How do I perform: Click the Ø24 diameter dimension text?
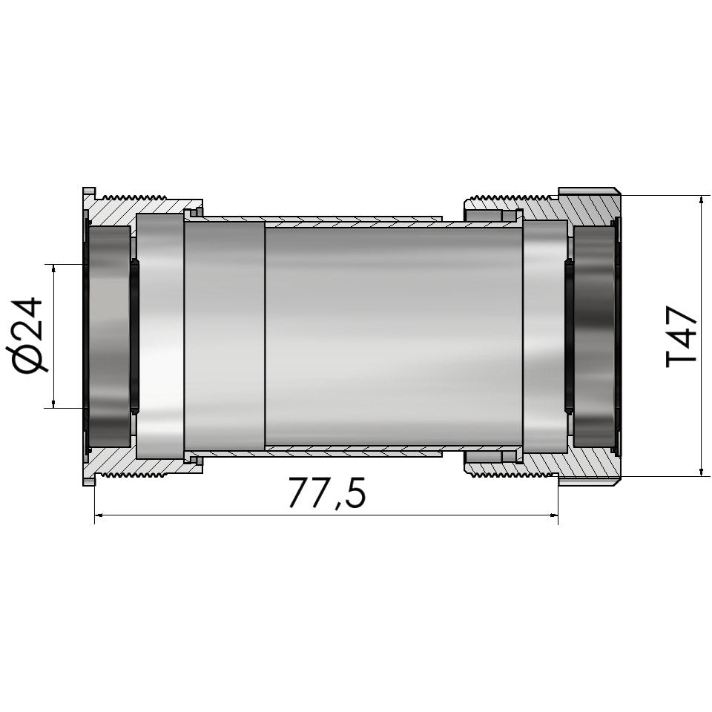(x=29, y=335)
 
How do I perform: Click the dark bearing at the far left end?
(x=109, y=335)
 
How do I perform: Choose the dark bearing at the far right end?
(x=594, y=335)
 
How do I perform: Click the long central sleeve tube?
(x=393, y=335)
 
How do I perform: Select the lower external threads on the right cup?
(x=512, y=474)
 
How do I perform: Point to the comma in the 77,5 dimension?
(x=338, y=506)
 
